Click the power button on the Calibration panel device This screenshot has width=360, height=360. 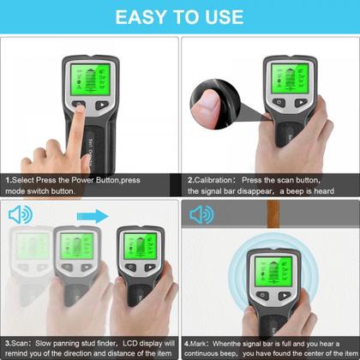[278, 105]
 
